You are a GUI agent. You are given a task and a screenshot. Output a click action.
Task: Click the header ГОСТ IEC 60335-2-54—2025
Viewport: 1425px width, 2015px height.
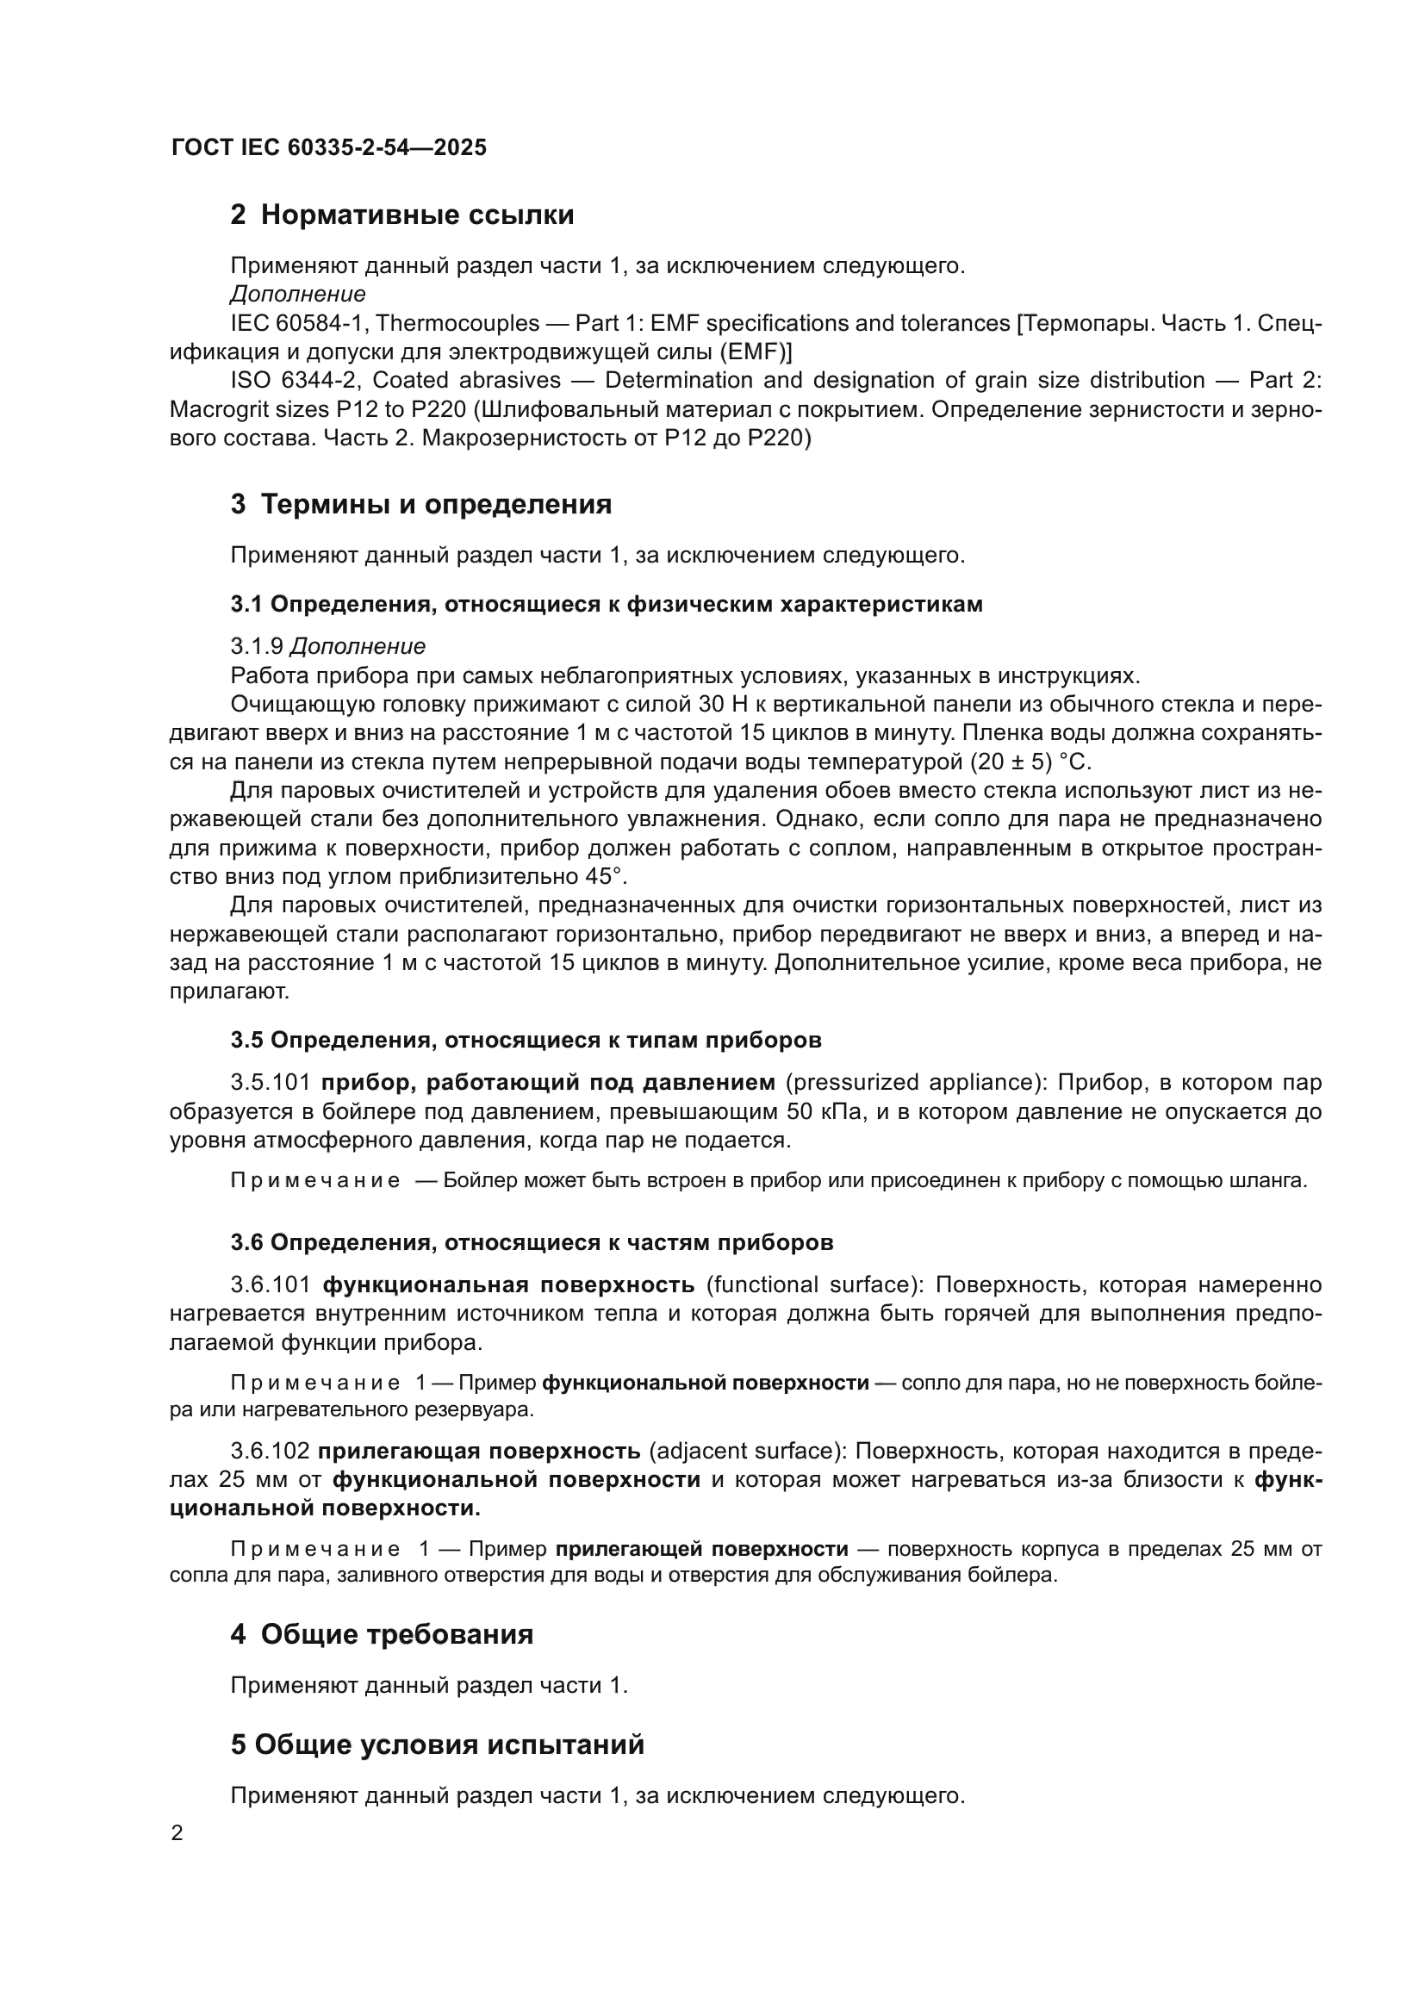[x=329, y=147]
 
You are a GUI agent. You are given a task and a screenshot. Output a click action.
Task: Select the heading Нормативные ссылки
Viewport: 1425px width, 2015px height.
[x=417, y=215]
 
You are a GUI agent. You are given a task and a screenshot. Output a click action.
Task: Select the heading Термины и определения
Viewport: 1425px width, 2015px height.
[x=436, y=505]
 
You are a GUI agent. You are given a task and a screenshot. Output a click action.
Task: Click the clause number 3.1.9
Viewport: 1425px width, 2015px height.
[x=256, y=647]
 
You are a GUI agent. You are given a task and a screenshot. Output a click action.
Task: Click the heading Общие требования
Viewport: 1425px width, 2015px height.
[x=396, y=1634]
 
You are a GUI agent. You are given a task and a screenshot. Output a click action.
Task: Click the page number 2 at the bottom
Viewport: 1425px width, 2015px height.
[x=177, y=1833]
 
